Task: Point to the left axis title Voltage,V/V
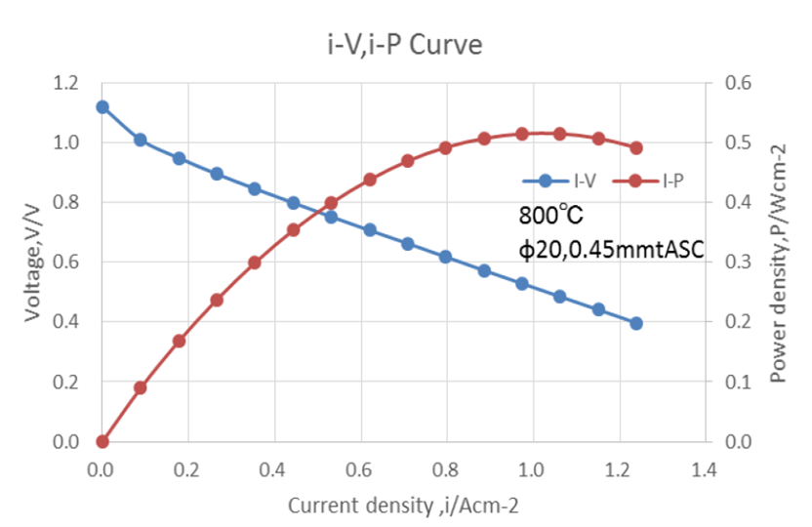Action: (x=33, y=261)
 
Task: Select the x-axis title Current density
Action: (x=401, y=507)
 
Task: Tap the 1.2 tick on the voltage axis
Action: (x=64, y=83)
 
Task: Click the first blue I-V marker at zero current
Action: (x=102, y=107)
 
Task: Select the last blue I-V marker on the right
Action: (x=636, y=323)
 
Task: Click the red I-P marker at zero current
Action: (x=102, y=442)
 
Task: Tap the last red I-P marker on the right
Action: (x=636, y=148)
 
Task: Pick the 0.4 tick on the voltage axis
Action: (x=64, y=322)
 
